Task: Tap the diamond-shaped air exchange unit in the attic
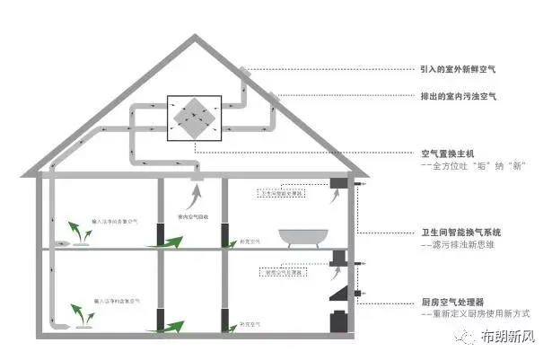[x=193, y=117]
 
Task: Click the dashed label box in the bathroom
[x=283, y=193]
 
